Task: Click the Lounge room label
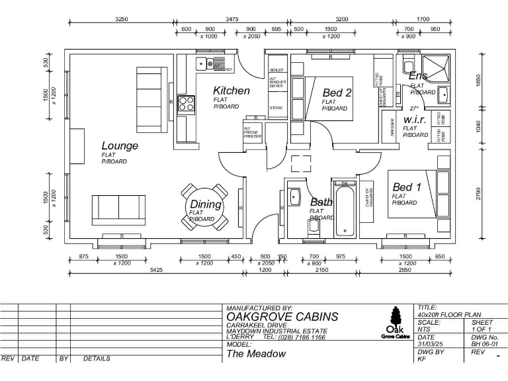(x=120, y=146)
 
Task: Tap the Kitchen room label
(x=232, y=91)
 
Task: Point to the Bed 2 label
(x=337, y=93)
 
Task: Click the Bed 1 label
(x=407, y=187)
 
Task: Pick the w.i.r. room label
(x=415, y=120)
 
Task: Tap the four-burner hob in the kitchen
(x=186, y=104)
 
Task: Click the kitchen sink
(x=211, y=64)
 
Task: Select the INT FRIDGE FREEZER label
(x=252, y=133)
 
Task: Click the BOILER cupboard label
(x=276, y=69)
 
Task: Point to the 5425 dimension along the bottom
(x=157, y=270)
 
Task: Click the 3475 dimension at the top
(x=232, y=20)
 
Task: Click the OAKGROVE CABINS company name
(x=282, y=317)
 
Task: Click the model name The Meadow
(x=257, y=354)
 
